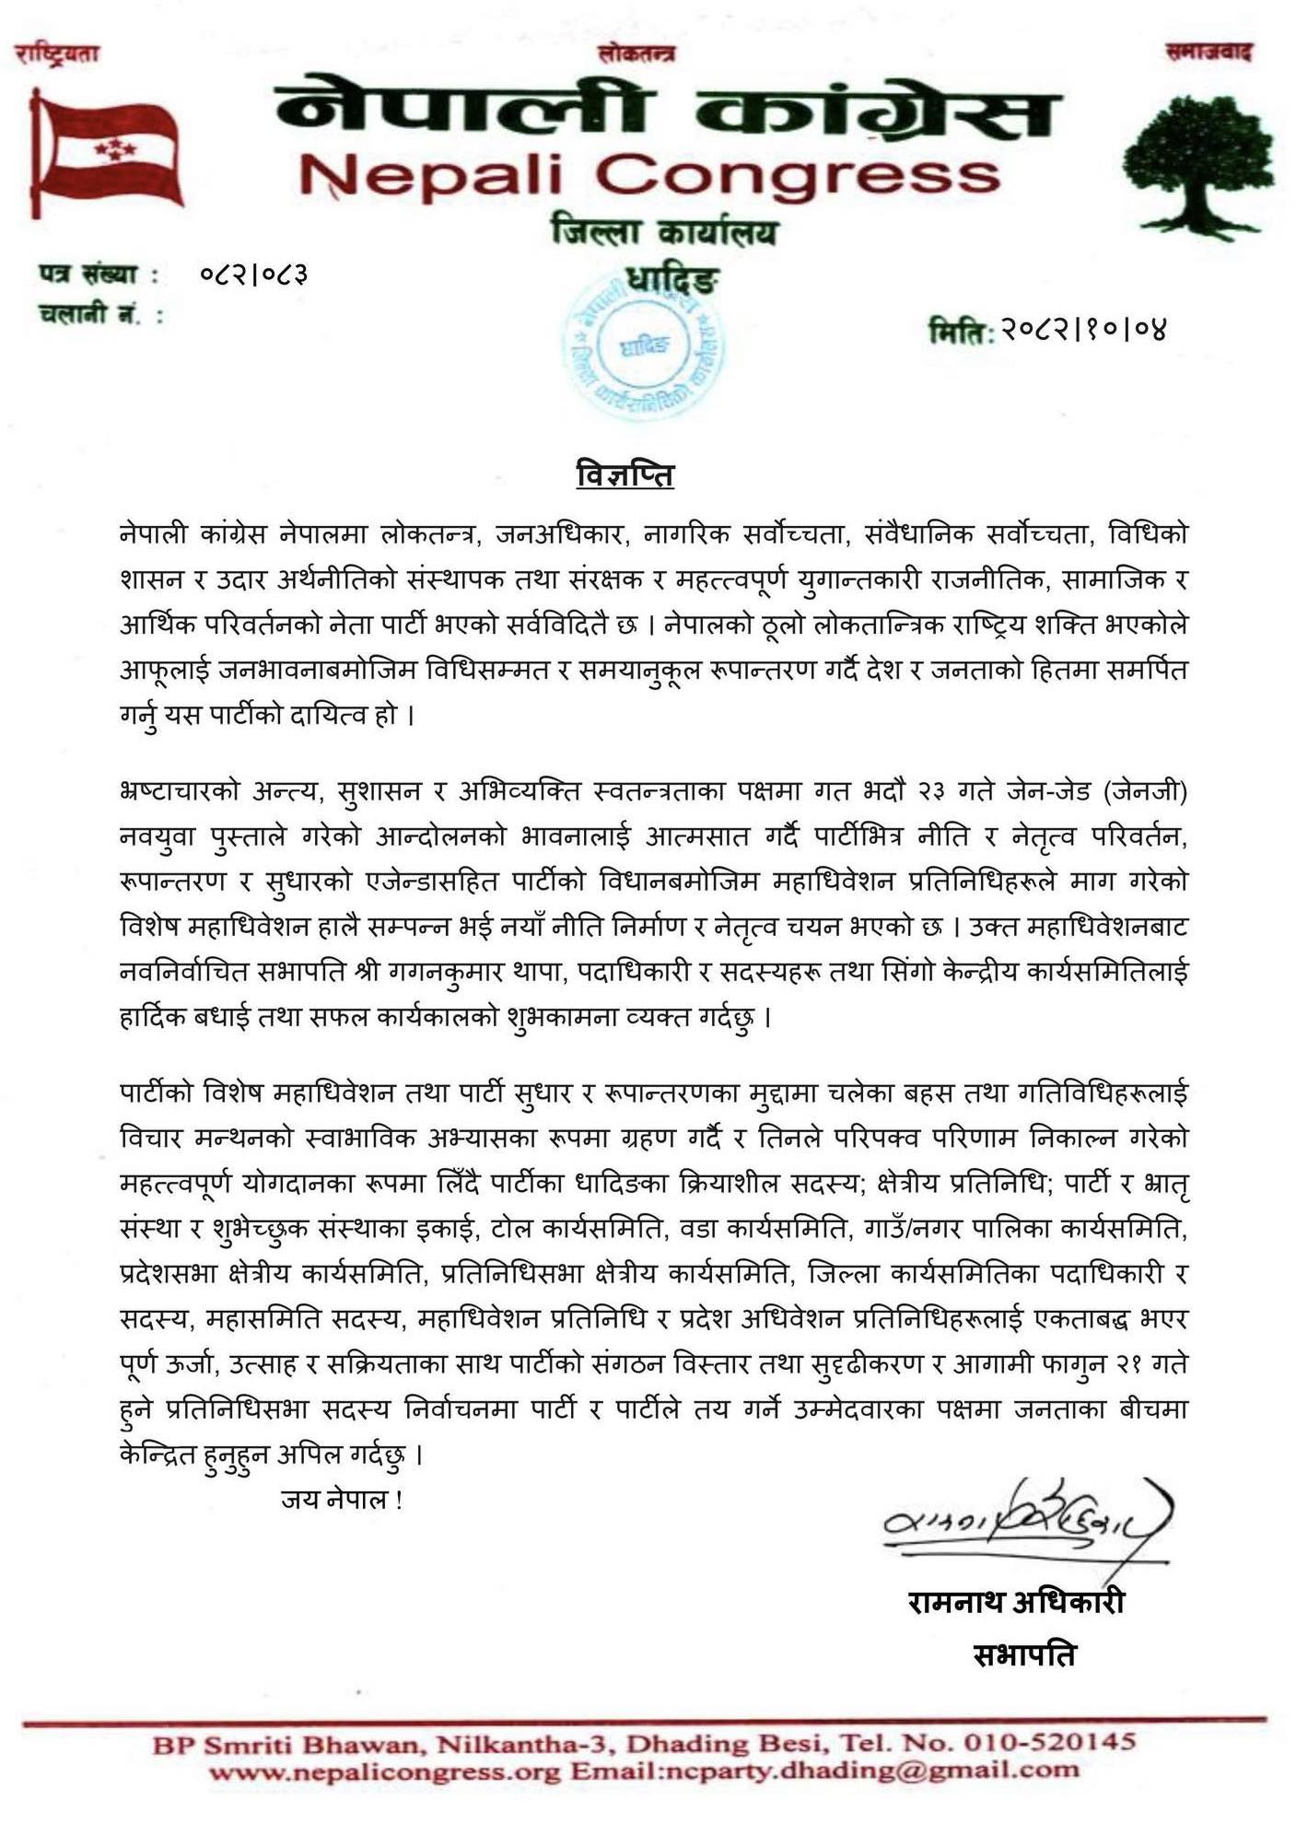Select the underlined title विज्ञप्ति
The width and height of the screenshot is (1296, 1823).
pos(625,475)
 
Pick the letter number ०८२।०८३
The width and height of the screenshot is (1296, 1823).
pos(254,274)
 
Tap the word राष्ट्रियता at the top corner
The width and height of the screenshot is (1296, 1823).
pos(57,54)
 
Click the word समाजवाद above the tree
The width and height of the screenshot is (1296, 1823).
pos(1208,53)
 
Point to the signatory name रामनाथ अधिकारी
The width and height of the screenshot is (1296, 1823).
pos(1016,1602)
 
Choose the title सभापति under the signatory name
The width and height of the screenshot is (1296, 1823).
pos(1024,1655)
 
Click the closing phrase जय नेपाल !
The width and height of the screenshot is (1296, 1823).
pos(341,1500)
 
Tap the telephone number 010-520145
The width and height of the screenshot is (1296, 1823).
pos(1049,1742)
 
